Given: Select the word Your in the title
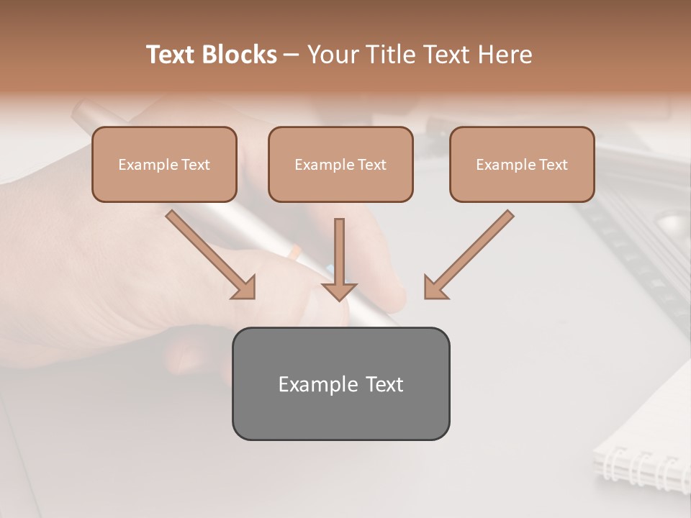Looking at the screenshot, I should click(x=332, y=55).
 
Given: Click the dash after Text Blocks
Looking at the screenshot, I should click(x=292, y=55).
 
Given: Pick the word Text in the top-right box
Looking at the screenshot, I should click(x=553, y=165).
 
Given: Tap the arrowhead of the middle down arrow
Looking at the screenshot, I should click(x=339, y=291).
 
